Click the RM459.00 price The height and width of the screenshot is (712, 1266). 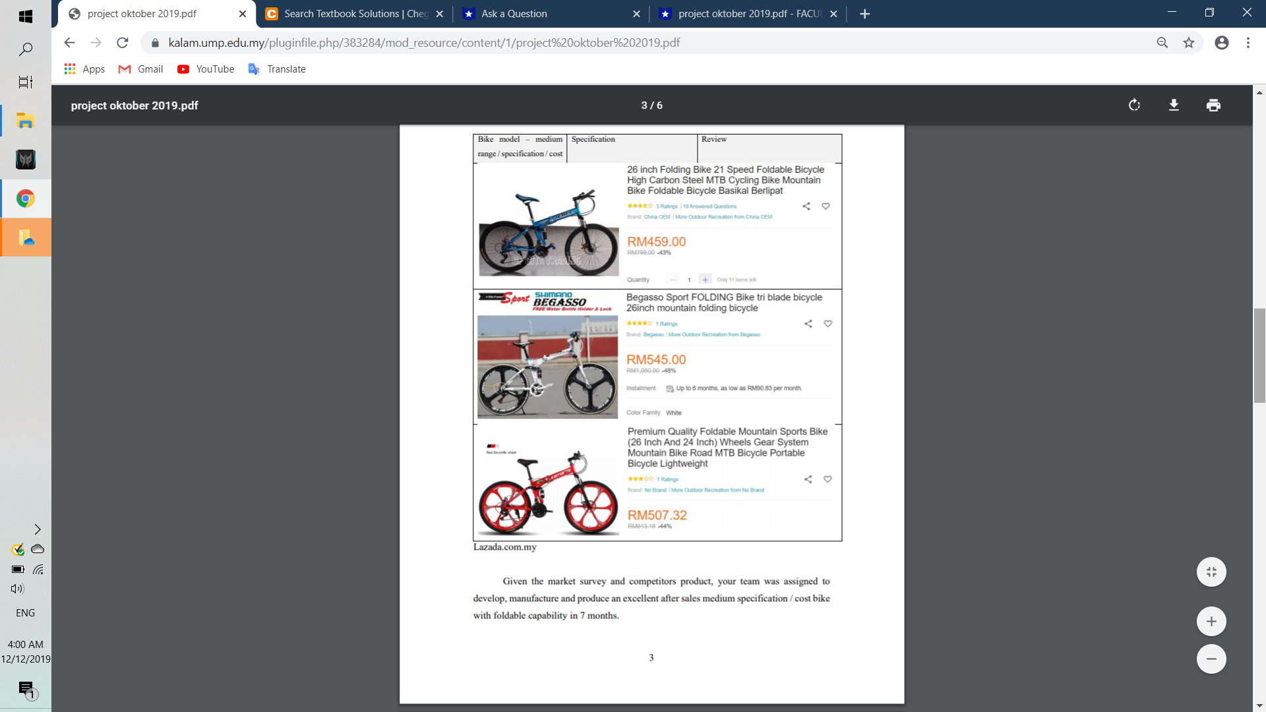tap(656, 242)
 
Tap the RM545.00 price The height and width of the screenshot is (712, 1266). tap(656, 360)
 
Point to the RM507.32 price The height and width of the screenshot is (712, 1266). tap(657, 516)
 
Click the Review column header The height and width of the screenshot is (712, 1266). tap(713, 139)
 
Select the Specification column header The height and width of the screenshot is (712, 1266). tap(593, 139)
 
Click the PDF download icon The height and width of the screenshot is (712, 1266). tap(1174, 105)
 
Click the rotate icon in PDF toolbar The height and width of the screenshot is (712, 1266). tap(1134, 105)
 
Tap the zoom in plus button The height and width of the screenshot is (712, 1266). tap(1211, 622)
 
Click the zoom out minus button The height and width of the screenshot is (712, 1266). tap(1211, 659)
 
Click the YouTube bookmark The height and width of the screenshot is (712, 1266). tap(206, 69)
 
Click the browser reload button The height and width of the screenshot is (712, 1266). tap(123, 43)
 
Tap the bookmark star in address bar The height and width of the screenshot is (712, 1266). tap(1189, 43)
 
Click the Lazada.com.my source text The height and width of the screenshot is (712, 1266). tap(504, 547)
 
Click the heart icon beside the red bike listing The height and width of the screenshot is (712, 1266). tap(828, 479)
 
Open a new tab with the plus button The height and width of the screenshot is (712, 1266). tap(865, 14)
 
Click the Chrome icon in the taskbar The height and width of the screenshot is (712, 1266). tap(26, 198)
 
